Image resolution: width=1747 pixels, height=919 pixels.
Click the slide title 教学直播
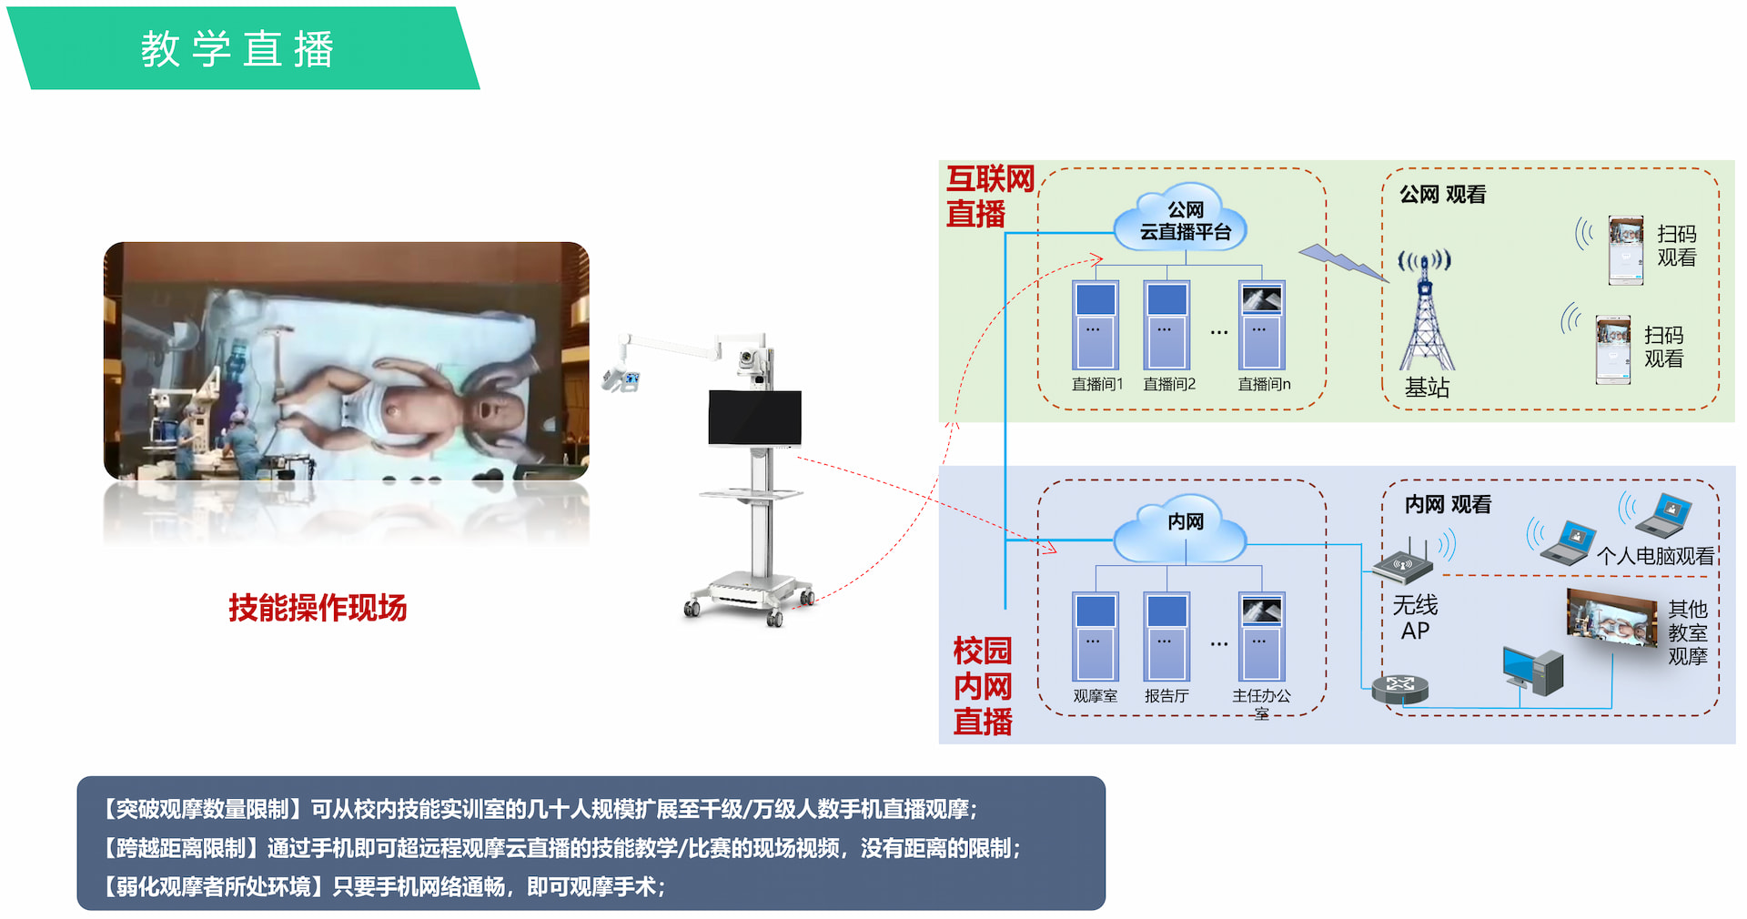(237, 49)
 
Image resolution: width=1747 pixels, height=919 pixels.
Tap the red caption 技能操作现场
(318, 607)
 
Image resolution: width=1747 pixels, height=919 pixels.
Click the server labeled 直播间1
(1096, 325)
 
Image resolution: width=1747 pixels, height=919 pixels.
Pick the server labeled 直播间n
(1262, 325)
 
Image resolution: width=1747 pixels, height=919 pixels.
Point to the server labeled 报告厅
(1166, 637)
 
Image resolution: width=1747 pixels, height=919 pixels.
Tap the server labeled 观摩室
(1096, 637)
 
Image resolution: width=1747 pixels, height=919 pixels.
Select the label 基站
(1427, 388)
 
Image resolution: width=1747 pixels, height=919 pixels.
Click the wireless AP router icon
(1402, 562)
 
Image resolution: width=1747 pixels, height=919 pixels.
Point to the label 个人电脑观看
(1655, 556)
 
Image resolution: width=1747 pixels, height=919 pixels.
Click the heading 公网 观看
(1442, 195)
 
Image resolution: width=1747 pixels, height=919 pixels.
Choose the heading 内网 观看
(1448, 504)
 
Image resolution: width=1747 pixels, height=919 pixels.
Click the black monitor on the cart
(755, 418)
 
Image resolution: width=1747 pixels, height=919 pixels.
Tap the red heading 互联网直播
(989, 197)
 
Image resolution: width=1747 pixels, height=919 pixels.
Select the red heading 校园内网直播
(983, 686)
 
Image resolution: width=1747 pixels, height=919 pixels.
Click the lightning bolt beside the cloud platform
(1344, 262)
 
